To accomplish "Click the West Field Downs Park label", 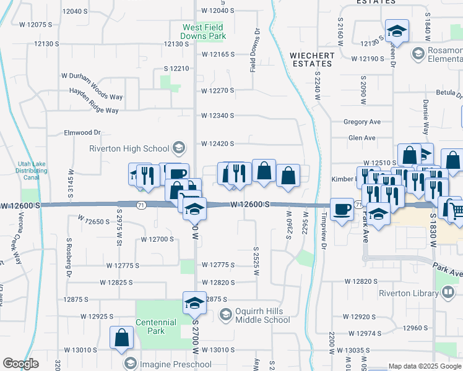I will point(204,32).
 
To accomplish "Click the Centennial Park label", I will point(157,326).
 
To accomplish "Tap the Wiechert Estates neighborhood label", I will point(312,59).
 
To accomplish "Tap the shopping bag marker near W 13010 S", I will point(122,337).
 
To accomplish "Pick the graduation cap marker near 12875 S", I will point(194,303).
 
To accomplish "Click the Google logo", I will point(20,364).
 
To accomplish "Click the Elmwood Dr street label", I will point(82,132).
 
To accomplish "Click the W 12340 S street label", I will point(217,116).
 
